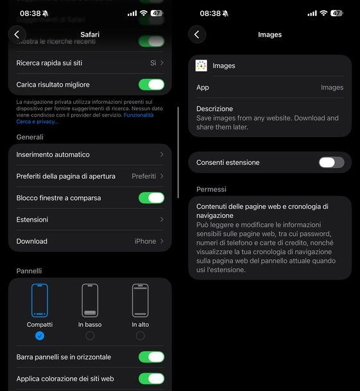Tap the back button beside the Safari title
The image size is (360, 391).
point(17,35)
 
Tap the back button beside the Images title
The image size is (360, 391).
point(197,35)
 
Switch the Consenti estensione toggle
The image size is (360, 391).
point(331,162)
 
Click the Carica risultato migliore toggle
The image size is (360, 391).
point(151,85)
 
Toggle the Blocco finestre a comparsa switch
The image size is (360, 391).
point(151,198)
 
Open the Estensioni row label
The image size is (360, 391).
point(32,220)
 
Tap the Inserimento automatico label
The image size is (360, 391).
point(53,154)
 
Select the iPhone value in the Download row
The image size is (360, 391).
point(145,242)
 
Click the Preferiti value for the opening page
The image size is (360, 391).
point(144,176)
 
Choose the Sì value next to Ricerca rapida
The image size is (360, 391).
point(153,63)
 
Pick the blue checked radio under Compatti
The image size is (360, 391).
point(40,336)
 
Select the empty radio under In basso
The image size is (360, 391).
point(90,336)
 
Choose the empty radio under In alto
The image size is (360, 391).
point(140,336)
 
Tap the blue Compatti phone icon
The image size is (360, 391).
point(40,301)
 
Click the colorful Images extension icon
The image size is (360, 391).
point(201,65)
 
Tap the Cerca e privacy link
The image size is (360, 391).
point(37,121)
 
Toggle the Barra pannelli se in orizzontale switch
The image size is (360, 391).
point(151,357)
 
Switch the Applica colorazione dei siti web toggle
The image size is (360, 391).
point(151,379)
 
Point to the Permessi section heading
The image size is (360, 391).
point(211,190)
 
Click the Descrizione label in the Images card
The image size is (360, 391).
point(214,109)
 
